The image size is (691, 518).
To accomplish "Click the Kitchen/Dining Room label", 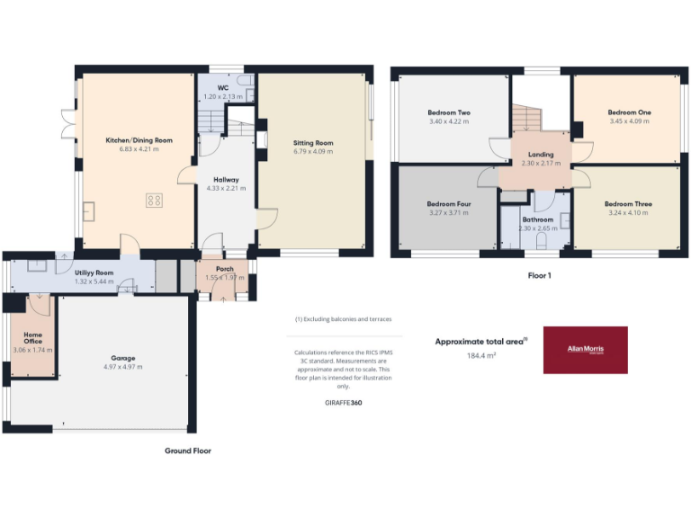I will [139, 140].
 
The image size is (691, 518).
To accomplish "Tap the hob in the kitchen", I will [153, 201].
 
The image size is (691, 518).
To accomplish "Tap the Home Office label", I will [32, 337].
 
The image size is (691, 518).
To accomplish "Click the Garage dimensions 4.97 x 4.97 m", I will [122, 367].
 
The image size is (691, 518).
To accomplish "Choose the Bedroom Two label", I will [449, 112].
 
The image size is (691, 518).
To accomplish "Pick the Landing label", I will [541, 155].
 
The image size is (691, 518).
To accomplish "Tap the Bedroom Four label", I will [449, 204].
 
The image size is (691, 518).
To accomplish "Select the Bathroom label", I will [537, 219].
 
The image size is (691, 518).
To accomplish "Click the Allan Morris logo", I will [585, 350].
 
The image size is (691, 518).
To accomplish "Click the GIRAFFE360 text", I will [344, 403].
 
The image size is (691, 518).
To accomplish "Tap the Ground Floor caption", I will [187, 451].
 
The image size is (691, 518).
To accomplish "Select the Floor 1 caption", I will [539, 275].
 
